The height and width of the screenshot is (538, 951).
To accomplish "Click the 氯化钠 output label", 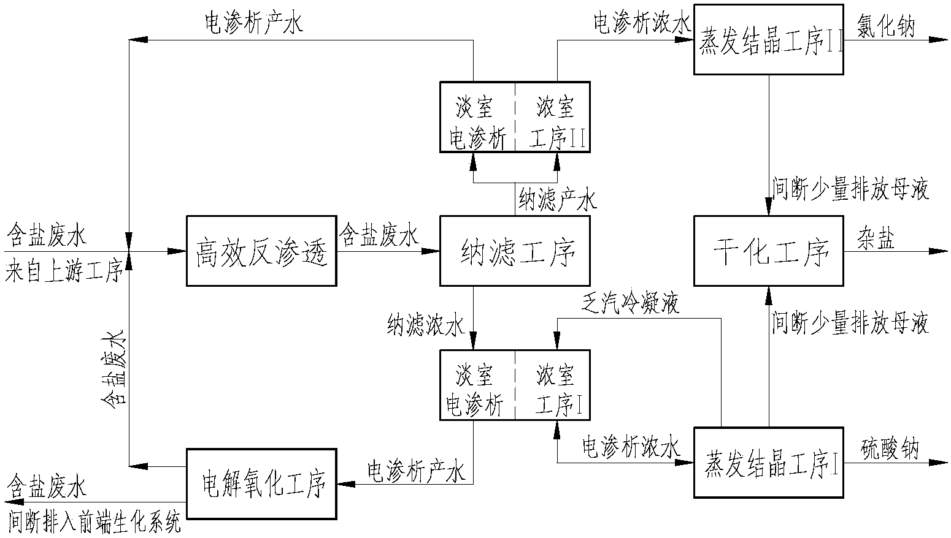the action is click(x=885, y=26).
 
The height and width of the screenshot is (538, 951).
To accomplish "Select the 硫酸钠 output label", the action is click(x=890, y=449).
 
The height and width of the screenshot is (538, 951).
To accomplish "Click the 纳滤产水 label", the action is click(x=558, y=199).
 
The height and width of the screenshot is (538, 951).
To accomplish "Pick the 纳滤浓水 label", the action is click(x=426, y=325).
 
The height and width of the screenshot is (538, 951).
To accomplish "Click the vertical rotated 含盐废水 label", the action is click(x=114, y=368).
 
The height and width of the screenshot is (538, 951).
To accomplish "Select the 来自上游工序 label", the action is click(x=64, y=270).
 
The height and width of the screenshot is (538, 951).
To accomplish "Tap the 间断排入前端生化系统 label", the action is click(x=94, y=522).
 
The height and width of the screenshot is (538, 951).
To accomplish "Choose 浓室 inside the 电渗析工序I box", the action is click(x=555, y=375).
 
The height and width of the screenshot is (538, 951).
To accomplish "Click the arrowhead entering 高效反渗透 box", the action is click(x=177, y=251).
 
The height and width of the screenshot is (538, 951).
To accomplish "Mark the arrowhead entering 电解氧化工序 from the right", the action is click(x=347, y=483).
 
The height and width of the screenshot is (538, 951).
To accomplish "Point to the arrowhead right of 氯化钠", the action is click(x=938, y=39).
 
